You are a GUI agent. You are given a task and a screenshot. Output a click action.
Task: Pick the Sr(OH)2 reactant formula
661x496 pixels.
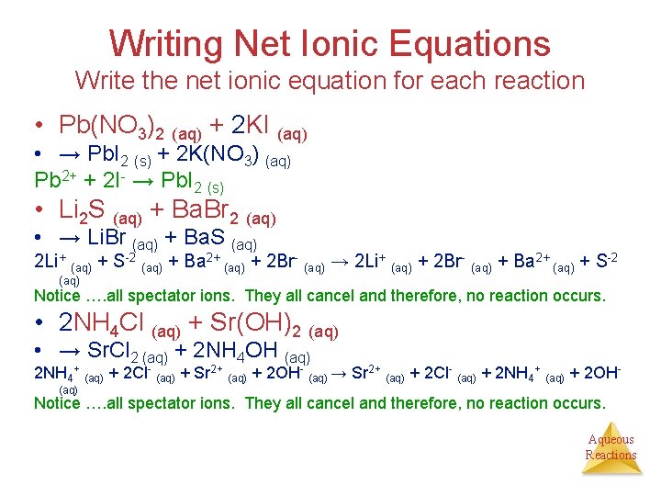pyautogui.click(x=261, y=324)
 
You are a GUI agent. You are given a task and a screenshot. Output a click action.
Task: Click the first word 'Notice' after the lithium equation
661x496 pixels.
pyautogui.click(x=57, y=296)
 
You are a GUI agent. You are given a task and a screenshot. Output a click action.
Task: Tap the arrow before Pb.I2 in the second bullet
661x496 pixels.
pyautogui.click(x=69, y=155)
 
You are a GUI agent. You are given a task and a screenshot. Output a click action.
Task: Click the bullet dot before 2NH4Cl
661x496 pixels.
pyautogui.click(x=42, y=324)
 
